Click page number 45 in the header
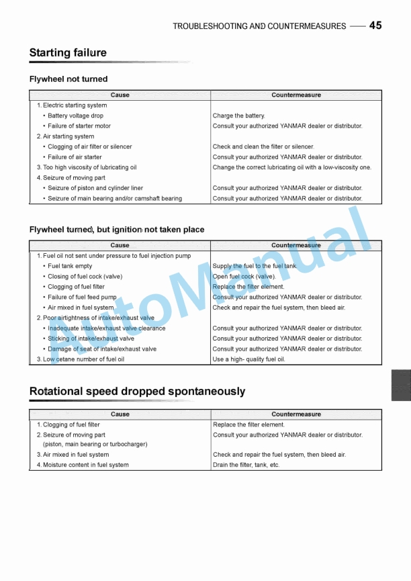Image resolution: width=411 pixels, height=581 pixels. (x=375, y=26)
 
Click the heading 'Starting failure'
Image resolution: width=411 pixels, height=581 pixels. (x=68, y=53)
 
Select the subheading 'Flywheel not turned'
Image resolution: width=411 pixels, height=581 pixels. (x=68, y=79)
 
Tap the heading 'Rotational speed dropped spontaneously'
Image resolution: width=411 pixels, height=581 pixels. (x=137, y=392)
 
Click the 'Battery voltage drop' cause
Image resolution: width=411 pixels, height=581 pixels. (x=75, y=116)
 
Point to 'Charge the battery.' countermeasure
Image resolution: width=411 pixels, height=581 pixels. (x=239, y=116)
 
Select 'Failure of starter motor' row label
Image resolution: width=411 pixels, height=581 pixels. (x=79, y=126)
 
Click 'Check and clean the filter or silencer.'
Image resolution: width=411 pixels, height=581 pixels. (x=263, y=146)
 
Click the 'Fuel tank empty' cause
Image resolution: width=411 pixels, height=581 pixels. (x=70, y=266)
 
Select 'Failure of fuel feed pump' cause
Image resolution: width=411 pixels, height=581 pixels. (x=82, y=297)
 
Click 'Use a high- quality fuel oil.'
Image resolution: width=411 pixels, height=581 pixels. (x=248, y=359)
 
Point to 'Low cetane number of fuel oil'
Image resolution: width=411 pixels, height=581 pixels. (x=83, y=359)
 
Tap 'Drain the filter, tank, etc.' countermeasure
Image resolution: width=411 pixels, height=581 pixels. (x=246, y=465)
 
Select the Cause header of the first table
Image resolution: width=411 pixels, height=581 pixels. (x=120, y=95)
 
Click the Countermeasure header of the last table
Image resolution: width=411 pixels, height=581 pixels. (x=296, y=414)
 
